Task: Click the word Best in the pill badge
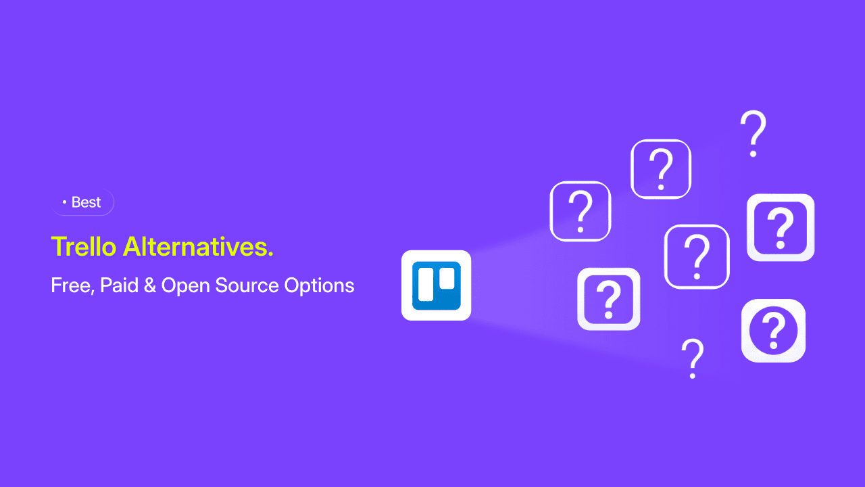click(x=86, y=202)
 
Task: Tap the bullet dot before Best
click(x=64, y=202)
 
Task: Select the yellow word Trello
click(x=84, y=246)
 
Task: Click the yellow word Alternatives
click(x=195, y=246)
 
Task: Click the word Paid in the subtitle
click(x=120, y=285)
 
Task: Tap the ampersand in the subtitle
click(x=150, y=285)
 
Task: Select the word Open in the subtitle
click(x=185, y=286)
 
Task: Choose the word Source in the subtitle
click(x=247, y=285)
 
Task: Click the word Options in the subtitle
click(x=320, y=286)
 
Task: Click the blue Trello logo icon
click(x=437, y=285)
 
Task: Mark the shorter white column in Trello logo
click(x=447, y=278)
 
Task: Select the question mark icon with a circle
click(x=774, y=331)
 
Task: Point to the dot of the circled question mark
click(x=774, y=345)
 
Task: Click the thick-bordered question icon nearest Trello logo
click(x=609, y=299)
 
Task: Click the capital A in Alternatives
click(x=132, y=246)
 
